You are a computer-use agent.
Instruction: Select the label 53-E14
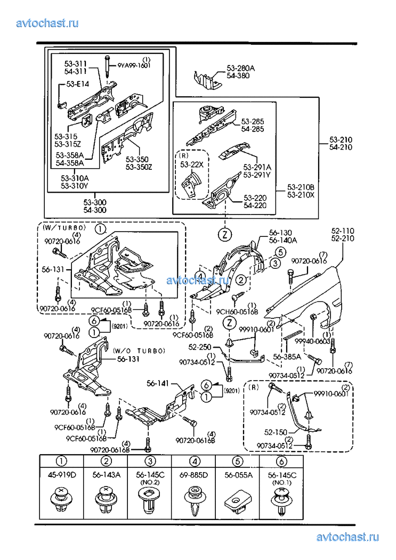tap(78, 84)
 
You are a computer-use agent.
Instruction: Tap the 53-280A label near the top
tap(241, 68)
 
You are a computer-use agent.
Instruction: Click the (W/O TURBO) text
tap(139, 350)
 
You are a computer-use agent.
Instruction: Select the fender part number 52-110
tap(343, 231)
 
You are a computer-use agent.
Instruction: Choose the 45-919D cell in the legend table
tap(62, 475)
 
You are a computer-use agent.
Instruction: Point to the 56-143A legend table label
tap(107, 475)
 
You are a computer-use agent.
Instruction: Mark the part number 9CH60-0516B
tap(238, 311)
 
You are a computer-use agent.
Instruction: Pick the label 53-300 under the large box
tap(95, 202)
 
